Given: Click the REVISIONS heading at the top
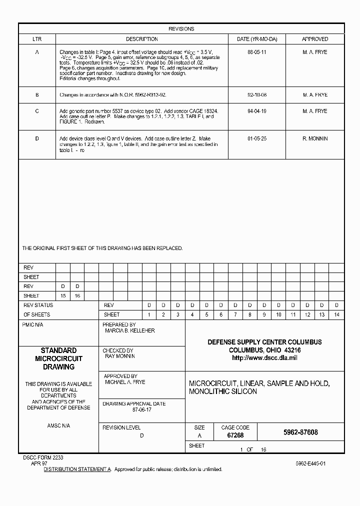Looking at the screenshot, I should click(181, 29).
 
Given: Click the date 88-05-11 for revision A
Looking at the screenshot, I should click(257, 52).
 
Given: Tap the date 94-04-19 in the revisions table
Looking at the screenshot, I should click(257, 111).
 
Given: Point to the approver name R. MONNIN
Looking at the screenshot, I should click(315, 138).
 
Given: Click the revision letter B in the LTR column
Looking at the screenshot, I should click(37, 94).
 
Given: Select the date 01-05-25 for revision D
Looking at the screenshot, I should click(257, 138).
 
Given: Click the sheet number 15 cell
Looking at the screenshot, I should click(63, 296).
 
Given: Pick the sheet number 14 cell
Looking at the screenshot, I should click(336, 315).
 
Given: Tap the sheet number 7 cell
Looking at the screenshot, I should click(235, 315).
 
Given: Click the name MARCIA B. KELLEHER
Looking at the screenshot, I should click(129, 331).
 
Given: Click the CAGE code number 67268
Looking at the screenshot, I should click(235, 435).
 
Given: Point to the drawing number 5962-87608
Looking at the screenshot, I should click(300, 432).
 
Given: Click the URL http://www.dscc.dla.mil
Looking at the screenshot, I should click(264, 358).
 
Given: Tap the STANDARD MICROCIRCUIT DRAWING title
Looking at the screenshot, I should click(58, 358).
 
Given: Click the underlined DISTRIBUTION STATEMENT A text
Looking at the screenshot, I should click(77, 469).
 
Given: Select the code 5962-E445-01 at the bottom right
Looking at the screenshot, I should click(310, 464).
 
